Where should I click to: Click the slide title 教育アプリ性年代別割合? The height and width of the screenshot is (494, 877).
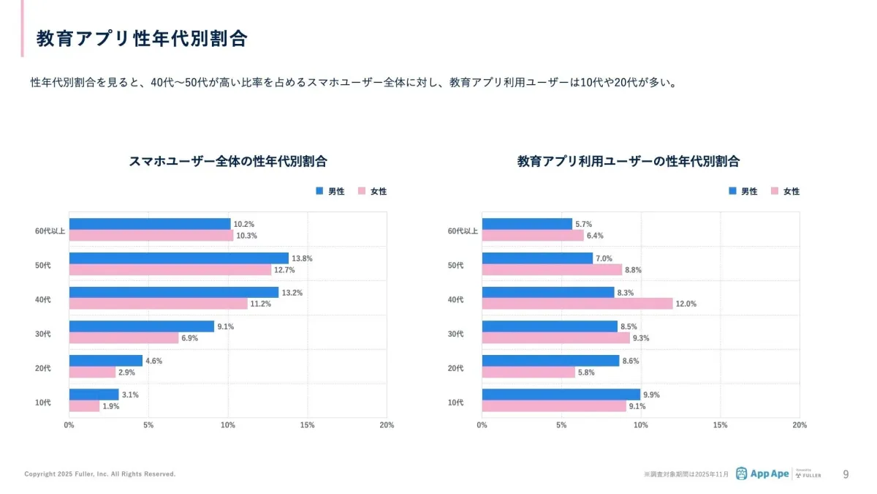(x=142, y=39)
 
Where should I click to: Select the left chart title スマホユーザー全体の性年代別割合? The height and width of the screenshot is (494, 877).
(x=227, y=161)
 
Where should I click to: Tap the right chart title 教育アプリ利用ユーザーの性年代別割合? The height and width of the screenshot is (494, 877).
(x=628, y=161)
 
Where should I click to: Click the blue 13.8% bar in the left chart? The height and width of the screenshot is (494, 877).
(x=178, y=258)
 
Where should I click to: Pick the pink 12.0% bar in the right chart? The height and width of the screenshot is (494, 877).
(x=577, y=304)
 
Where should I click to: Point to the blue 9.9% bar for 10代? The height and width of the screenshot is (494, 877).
(x=561, y=394)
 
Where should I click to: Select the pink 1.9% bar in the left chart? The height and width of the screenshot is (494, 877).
(x=84, y=406)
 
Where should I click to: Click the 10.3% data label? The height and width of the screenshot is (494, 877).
(x=246, y=236)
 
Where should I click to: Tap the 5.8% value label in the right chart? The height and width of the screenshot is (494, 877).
(x=585, y=372)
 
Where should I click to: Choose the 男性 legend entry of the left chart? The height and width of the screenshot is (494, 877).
(x=330, y=191)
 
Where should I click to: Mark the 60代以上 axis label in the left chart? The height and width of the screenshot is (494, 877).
(x=50, y=231)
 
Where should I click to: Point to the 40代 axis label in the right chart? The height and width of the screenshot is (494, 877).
(x=455, y=299)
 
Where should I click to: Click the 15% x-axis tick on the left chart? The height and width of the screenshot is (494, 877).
(x=307, y=425)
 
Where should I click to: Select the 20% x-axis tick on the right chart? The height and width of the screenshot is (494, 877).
(x=800, y=425)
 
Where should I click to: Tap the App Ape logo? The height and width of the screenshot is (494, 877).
(x=762, y=474)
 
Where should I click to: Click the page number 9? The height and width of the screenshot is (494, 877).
(x=846, y=474)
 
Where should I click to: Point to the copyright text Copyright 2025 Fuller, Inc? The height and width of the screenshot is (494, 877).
(x=100, y=474)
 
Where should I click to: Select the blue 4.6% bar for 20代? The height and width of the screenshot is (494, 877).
(x=105, y=360)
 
